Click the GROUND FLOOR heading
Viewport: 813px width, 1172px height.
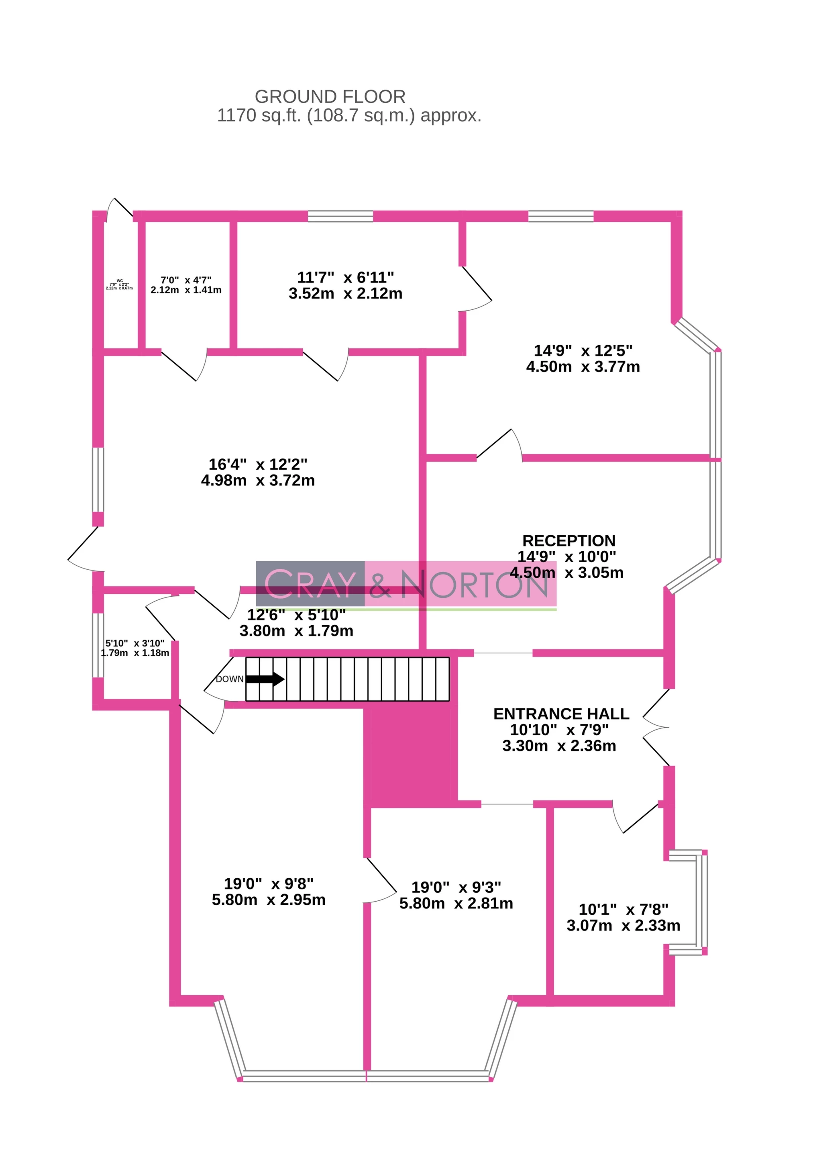(x=330, y=96)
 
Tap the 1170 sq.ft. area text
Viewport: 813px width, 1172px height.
(x=349, y=116)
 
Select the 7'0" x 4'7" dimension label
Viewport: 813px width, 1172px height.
(x=186, y=285)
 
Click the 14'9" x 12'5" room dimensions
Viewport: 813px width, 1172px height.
(x=583, y=358)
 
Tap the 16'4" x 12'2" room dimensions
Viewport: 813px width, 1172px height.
(x=258, y=472)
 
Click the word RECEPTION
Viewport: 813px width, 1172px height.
(x=569, y=540)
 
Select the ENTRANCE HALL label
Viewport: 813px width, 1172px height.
(x=561, y=714)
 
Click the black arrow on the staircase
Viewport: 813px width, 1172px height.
(x=265, y=679)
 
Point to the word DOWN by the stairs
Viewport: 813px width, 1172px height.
(x=229, y=679)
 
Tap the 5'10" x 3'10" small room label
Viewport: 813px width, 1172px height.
(x=135, y=648)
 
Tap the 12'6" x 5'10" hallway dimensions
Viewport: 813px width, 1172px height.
(x=296, y=622)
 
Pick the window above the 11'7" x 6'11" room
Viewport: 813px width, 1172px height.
(x=340, y=216)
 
